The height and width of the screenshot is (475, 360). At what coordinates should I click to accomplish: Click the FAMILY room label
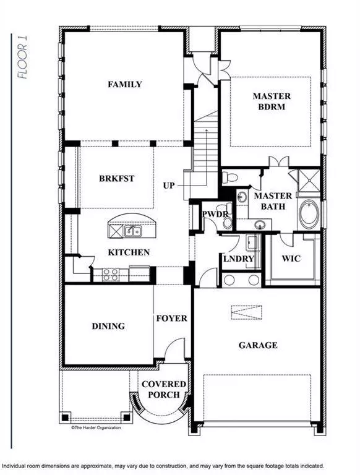pos(124,85)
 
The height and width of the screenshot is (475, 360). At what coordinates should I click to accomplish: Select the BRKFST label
pos(117,178)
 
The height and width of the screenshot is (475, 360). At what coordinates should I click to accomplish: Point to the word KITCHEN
pos(129,252)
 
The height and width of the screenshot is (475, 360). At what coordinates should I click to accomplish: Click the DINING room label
pos(108,326)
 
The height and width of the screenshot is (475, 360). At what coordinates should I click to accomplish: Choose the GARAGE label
pos(258,345)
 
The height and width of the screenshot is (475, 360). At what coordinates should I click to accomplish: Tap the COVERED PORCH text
pos(165,390)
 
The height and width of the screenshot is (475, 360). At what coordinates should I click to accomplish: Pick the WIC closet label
pos(291,258)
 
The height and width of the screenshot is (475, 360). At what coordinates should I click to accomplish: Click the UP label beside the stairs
pos(169,186)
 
